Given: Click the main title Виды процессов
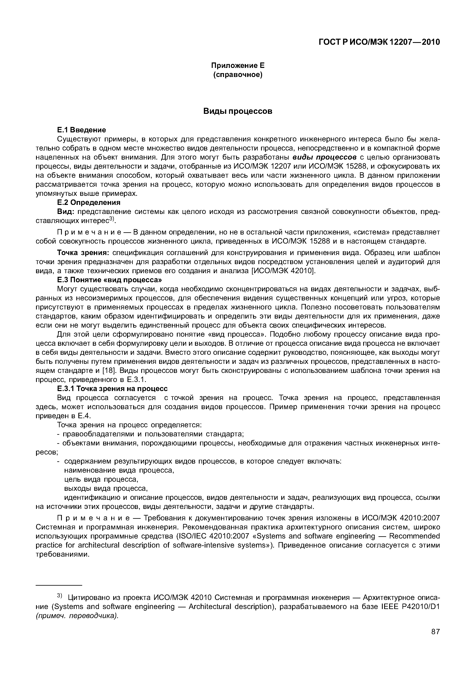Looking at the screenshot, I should [x=238, y=111].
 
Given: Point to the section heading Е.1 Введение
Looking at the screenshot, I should [x=81, y=130].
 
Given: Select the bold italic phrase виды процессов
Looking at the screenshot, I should [x=325, y=157].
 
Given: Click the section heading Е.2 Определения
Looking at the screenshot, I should [x=89, y=202].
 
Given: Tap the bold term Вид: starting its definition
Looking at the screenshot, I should [x=66, y=212].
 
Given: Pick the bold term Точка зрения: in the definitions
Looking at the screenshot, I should [x=84, y=253].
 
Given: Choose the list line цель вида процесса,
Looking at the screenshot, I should [x=101, y=479].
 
